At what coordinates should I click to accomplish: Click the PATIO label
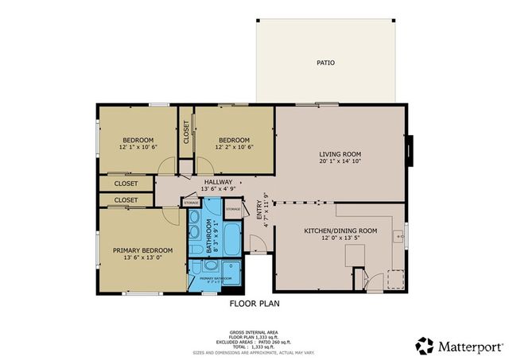point(325,62)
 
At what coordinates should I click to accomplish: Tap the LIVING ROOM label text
point(340,154)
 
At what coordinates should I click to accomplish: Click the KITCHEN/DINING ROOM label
point(340,230)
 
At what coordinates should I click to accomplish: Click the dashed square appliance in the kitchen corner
point(394,280)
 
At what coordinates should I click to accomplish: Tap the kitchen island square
point(355,254)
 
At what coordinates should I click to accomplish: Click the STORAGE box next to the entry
point(232,210)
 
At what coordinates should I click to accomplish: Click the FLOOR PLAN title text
point(254,304)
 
